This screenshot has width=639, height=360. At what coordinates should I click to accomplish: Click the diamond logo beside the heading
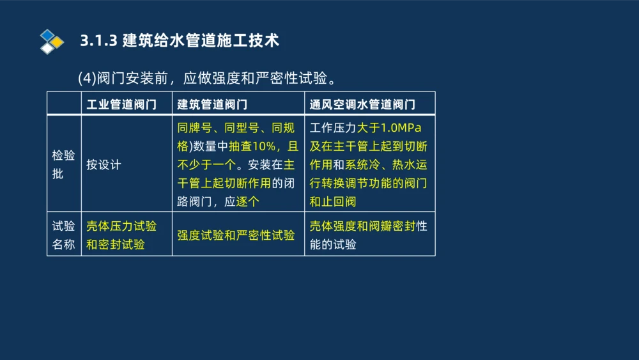tap(52, 42)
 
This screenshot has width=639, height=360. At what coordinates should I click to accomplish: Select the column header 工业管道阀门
tap(121, 104)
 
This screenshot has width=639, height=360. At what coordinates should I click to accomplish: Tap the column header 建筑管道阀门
tap(212, 104)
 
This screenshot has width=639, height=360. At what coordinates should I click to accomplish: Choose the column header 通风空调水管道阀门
tap(362, 104)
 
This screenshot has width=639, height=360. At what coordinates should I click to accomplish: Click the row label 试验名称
tap(63, 235)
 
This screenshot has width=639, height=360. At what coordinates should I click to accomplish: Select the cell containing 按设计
tap(104, 164)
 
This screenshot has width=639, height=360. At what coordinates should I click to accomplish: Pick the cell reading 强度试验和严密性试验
tap(236, 235)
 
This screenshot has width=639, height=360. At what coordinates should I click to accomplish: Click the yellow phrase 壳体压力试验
tap(121, 226)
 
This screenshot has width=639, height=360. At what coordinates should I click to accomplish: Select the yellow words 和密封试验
tap(116, 244)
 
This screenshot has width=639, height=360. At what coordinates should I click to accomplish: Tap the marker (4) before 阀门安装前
tap(86, 78)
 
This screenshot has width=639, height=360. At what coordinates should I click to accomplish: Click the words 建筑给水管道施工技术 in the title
tap(201, 41)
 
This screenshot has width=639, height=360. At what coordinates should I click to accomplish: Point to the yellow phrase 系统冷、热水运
tap(386, 164)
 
